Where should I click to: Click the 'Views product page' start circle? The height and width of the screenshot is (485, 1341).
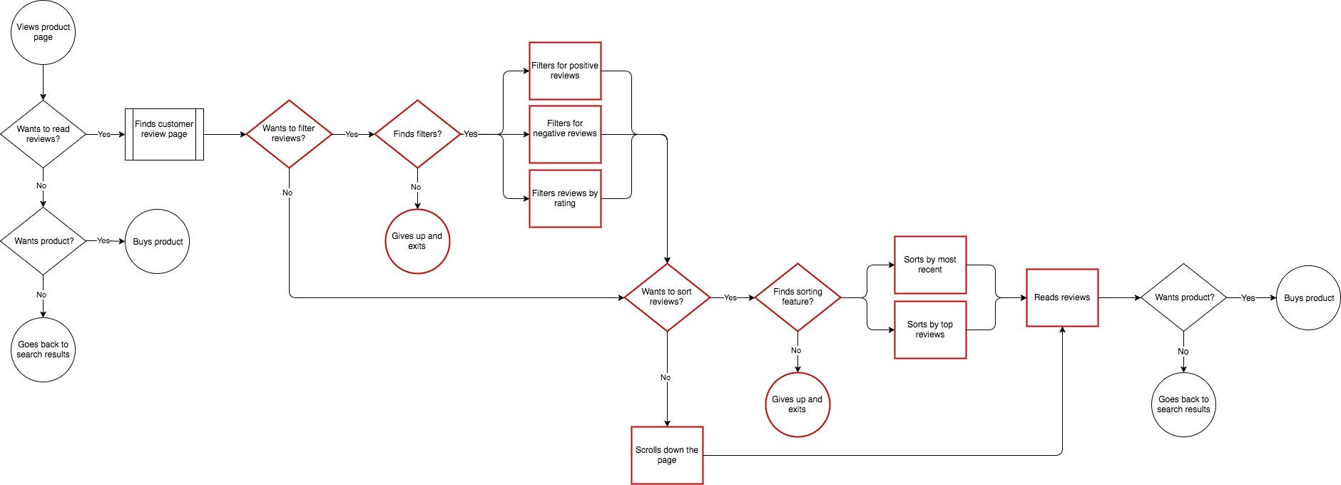pyautogui.click(x=43, y=32)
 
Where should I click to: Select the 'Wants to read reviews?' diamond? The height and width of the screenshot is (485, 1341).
pyautogui.click(x=43, y=134)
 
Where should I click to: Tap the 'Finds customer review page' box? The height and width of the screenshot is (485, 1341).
pyautogui.click(x=164, y=134)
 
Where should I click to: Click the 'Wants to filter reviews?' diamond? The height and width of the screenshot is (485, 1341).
pyautogui.click(x=289, y=134)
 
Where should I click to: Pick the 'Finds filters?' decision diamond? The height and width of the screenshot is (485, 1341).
pyautogui.click(x=417, y=134)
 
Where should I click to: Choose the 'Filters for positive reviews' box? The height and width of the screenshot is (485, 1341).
pyautogui.click(x=565, y=71)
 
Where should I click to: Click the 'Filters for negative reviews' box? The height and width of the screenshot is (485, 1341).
pyautogui.click(x=565, y=134)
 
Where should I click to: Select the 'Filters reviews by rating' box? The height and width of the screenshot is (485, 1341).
pyautogui.click(x=565, y=198)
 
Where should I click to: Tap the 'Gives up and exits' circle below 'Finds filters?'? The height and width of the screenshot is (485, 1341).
pyautogui.click(x=417, y=241)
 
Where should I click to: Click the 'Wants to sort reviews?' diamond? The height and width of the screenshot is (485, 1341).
pyautogui.click(x=667, y=297)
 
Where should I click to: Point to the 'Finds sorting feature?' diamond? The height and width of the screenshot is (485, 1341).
pyautogui.click(x=797, y=297)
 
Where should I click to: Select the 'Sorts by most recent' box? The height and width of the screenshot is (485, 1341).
pyautogui.click(x=930, y=265)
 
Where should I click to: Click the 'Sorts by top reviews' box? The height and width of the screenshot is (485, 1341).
pyautogui.click(x=930, y=330)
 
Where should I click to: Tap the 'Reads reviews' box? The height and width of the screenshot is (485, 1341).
pyautogui.click(x=1062, y=297)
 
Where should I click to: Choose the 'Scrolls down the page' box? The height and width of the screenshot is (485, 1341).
pyautogui.click(x=667, y=455)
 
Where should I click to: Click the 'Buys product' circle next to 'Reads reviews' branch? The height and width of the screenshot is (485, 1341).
pyautogui.click(x=1309, y=297)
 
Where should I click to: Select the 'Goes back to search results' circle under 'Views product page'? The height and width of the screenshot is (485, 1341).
pyautogui.click(x=43, y=349)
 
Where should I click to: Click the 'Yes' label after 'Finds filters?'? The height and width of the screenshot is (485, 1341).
pyautogui.click(x=471, y=134)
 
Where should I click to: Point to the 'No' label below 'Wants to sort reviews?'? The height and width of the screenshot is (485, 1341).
pyautogui.click(x=666, y=377)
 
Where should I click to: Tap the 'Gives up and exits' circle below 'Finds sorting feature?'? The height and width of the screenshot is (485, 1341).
pyautogui.click(x=797, y=404)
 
